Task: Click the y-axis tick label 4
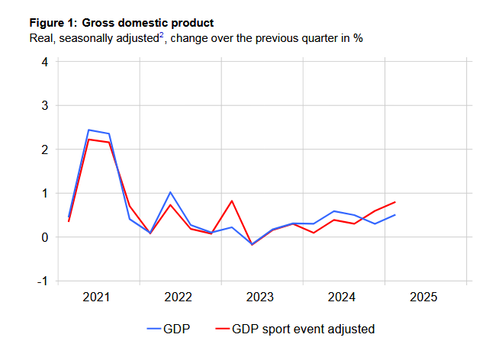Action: pyautogui.click(x=45, y=62)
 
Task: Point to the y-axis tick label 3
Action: pyautogui.click(x=45, y=105)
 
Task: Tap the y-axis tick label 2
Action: pyautogui.click(x=45, y=149)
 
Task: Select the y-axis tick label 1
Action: pyautogui.click(x=45, y=193)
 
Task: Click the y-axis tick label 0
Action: pyautogui.click(x=45, y=237)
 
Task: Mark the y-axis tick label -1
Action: pyautogui.click(x=43, y=281)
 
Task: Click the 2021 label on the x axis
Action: pyautogui.click(x=96, y=297)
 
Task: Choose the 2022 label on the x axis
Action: pyautogui.click(x=178, y=297)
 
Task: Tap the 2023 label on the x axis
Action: pyautogui.click(x=259, y=297)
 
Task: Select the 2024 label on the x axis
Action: pyautogui.click(x=341, y=297)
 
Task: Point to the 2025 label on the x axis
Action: pyautogui.click(x=423, y=297)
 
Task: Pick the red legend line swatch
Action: pyautogui.click(x=221, y=329)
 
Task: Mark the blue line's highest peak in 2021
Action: pyautogui.click(x=88, y=130)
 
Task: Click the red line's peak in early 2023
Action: pyautogui.click(x=231, y=201)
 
